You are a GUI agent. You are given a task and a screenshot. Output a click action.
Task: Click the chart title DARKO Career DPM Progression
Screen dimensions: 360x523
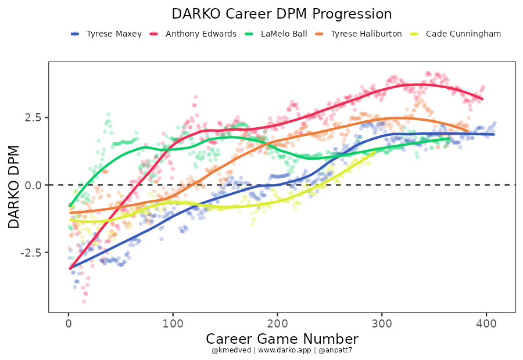tap(282, 14)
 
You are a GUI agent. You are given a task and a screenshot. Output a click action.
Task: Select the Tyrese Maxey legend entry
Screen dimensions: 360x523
tap(114, 34)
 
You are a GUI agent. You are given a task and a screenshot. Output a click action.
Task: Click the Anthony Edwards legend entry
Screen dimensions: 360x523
tap(200, 34)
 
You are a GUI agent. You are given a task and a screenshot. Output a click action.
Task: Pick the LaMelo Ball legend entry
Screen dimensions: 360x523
tap(284, 34)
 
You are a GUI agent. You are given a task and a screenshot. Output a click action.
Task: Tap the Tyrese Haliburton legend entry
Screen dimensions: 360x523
tap(366, 34)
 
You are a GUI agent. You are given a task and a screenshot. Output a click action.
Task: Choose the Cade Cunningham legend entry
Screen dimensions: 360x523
tap(463, 34)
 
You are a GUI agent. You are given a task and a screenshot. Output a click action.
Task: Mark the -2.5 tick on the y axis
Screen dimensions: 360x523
tap(32, 253)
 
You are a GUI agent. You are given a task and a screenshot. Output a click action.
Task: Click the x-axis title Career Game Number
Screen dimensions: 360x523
tap(282, 339)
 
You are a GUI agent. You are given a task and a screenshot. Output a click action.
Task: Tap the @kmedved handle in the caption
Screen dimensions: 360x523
tap(231, 350)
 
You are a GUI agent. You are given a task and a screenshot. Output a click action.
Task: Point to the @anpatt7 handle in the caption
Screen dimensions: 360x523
tap(334, 350)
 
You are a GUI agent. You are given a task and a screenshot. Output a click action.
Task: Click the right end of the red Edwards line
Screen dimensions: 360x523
tap(482, 99)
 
